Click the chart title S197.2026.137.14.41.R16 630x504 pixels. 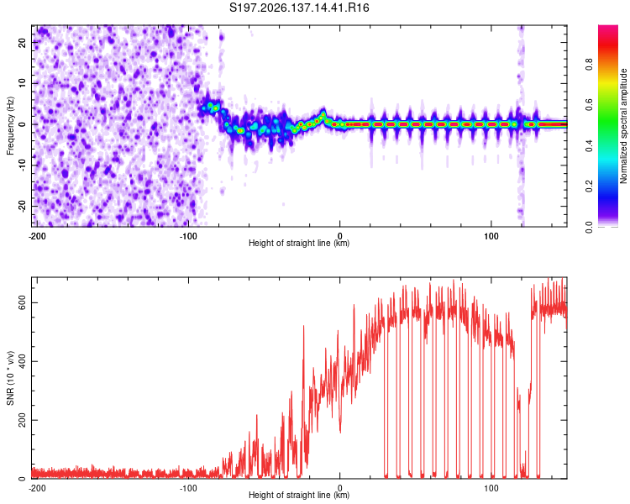[299, 8]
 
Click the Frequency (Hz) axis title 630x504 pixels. [10, 126]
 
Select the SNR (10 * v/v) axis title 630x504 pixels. [10, 378]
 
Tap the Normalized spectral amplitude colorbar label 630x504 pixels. [622, 126]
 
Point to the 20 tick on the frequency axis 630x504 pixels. [22, 42]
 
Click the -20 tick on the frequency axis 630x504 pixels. [22, 206]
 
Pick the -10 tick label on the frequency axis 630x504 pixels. [22, 165]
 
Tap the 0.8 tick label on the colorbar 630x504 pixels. [590, 65]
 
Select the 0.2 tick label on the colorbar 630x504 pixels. [590, 186]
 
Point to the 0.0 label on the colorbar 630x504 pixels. [590, 227]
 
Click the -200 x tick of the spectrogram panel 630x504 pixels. [37, 236]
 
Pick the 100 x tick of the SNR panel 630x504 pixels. [491, 488]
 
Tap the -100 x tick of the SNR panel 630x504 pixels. [188, 488]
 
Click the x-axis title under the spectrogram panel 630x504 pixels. [299, 243]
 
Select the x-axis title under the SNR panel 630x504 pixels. [299, 495]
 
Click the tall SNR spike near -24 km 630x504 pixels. [303, 327]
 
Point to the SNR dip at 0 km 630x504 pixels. [340, 432]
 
